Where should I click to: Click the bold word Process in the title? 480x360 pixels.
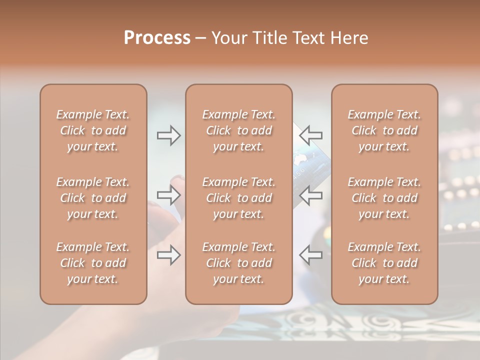pos(157,38)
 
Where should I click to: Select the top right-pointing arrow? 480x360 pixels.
pos(168,135)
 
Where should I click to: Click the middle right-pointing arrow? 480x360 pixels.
pos(168,195)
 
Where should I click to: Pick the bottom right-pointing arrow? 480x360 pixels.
pos(168,255)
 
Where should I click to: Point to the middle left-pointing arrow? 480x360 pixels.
pos(311,195)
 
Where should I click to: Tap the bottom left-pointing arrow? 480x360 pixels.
pos(311,255)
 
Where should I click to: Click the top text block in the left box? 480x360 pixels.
pos(93,130)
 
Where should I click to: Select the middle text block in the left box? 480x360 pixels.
pos(93,198)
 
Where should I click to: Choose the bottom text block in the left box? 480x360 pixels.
pos(93,263)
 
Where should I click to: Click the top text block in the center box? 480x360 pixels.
pos(238,130)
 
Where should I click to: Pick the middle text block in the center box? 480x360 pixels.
pos(238,198)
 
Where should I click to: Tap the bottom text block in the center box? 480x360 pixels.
pos(238,263)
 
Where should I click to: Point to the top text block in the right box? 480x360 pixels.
pos(384,130)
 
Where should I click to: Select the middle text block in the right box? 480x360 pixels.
pos(384,198)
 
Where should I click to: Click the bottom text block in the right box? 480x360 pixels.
pos(384,263)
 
